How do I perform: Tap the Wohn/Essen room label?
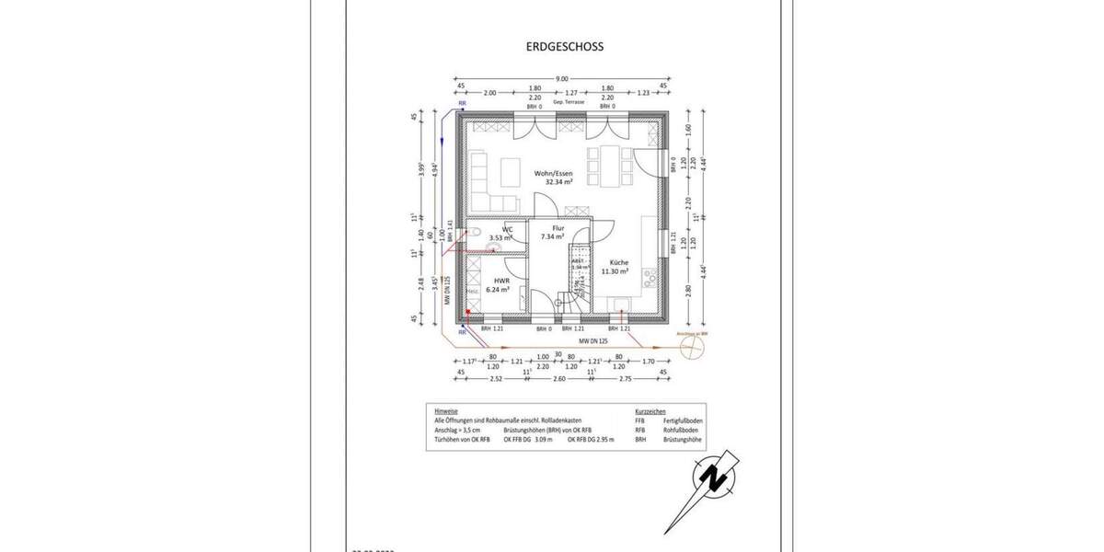pyautogui.click(x=552, y=172)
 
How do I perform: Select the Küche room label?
pyautogui.click(x=615, y=262)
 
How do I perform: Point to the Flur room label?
pyautogui.click(x=558, y=227)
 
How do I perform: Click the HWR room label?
pyautogui.click(x=501, y=281)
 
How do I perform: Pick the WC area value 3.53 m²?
pyautogui.click(x=501, y=238)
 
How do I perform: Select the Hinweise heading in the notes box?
pyautogui.click(x=446, y=410)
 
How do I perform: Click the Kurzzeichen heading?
pyautogui.click(x=650, y=410)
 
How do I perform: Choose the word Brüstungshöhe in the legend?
pyautogui.click(x=683, y=441)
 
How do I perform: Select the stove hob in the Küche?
pyautogui.click(x=648, y=273)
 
